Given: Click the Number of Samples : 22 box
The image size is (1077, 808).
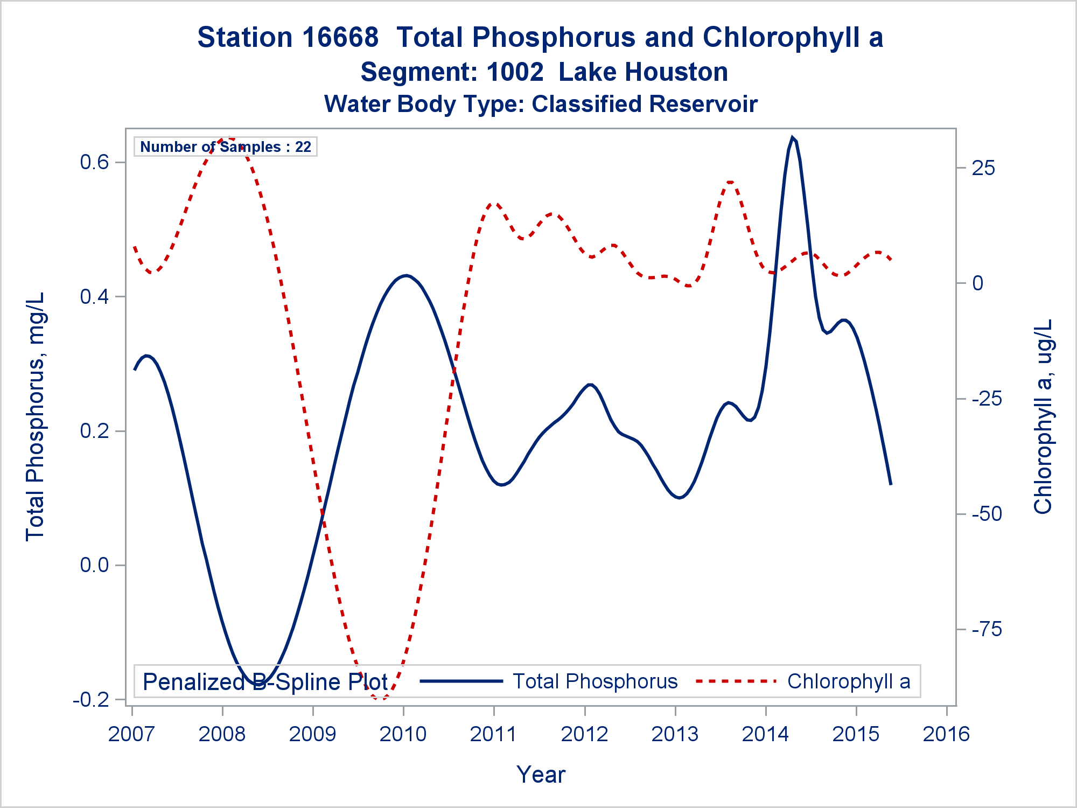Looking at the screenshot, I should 226,147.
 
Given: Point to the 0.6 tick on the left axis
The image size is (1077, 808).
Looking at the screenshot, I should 94,162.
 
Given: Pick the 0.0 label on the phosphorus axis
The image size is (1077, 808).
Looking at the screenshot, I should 94,565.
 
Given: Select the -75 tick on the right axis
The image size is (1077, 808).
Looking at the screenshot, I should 987,629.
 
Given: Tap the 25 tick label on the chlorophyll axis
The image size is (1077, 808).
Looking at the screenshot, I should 983,168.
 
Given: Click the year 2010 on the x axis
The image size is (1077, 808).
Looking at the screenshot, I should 403,734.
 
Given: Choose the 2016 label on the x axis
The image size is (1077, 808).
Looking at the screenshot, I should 946,734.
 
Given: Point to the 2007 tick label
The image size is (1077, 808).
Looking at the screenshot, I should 131,734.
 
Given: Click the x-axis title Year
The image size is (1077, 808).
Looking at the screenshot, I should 541,775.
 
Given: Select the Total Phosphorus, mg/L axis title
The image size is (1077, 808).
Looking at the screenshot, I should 36,416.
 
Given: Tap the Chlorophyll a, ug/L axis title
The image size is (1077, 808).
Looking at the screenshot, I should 1043,416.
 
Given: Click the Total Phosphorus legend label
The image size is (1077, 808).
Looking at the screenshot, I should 595,681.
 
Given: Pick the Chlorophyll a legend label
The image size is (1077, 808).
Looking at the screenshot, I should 849,681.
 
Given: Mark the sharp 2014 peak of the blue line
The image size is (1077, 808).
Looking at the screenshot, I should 792,137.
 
